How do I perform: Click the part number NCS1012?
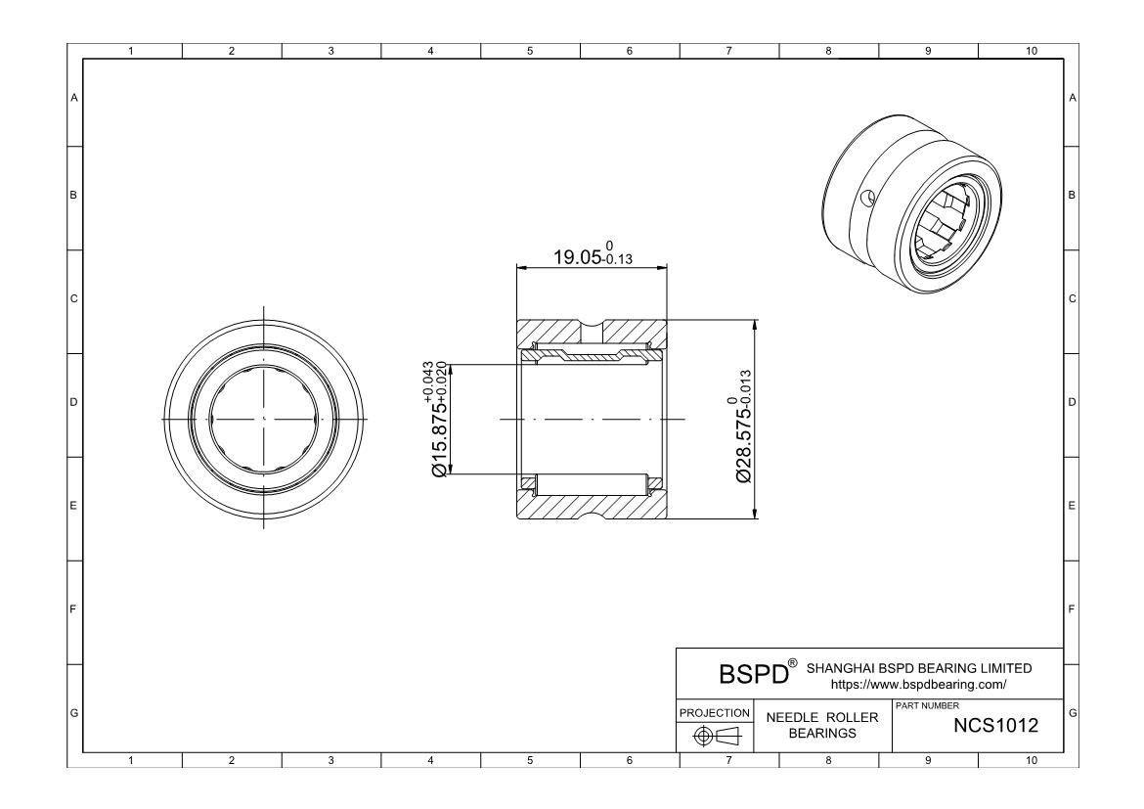995,725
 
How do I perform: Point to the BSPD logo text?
754,674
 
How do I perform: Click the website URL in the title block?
918,685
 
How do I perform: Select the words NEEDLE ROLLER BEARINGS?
822,725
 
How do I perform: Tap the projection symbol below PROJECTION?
716,737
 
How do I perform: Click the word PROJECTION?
715,712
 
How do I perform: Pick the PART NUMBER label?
927,705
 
